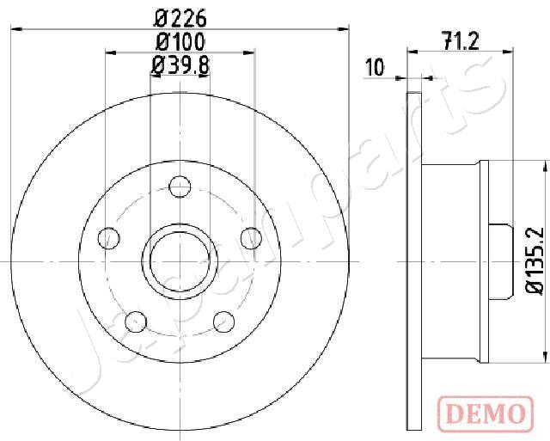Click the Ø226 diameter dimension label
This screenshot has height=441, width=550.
180,19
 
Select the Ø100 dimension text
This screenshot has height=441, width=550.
180,42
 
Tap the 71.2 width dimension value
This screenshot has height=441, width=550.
461,41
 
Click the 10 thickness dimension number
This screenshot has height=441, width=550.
375,67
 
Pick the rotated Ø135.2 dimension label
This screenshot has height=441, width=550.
535,260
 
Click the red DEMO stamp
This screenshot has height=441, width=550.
486,414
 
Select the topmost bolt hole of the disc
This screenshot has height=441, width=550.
180,187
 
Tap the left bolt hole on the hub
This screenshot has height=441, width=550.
109,238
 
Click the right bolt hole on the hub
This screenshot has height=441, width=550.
252,238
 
